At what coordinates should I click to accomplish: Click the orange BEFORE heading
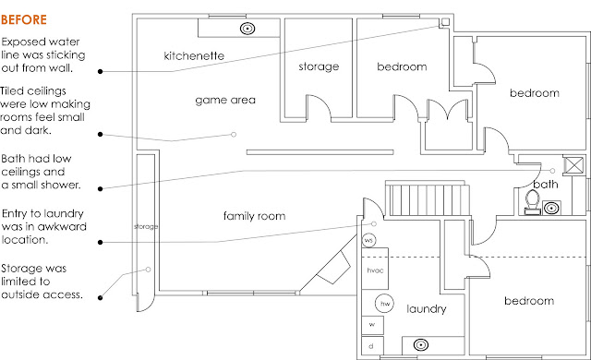(x=24, y=19)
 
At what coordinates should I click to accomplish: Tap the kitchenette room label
(x=194, y=56)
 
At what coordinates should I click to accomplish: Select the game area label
(x=225, y=101)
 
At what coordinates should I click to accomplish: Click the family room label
(x=255, y=216)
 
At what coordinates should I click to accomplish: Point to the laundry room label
(x=427, y=309)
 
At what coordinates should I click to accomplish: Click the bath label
(x=546, y=184)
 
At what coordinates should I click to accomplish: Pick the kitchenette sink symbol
(x=247, y=29)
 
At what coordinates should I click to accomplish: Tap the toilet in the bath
(x=532, y=202)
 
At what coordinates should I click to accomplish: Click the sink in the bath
(x=551, y=208)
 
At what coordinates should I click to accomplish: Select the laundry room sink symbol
(x=421, y=345)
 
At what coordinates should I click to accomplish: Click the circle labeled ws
(x=368, y=240)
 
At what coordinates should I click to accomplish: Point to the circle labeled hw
(x=384, y=304)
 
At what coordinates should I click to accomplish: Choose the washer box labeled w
(x=372, y=325)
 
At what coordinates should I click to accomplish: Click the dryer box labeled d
(x=372, y=346)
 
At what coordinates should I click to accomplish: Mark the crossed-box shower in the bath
(x=573, y=165)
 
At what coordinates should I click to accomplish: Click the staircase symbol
(x=428, y=199)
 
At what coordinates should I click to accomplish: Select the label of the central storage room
(x=319, y=66)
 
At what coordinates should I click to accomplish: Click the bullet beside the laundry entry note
(x=101, y=242)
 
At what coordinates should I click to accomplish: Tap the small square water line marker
(x=445, y=22)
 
